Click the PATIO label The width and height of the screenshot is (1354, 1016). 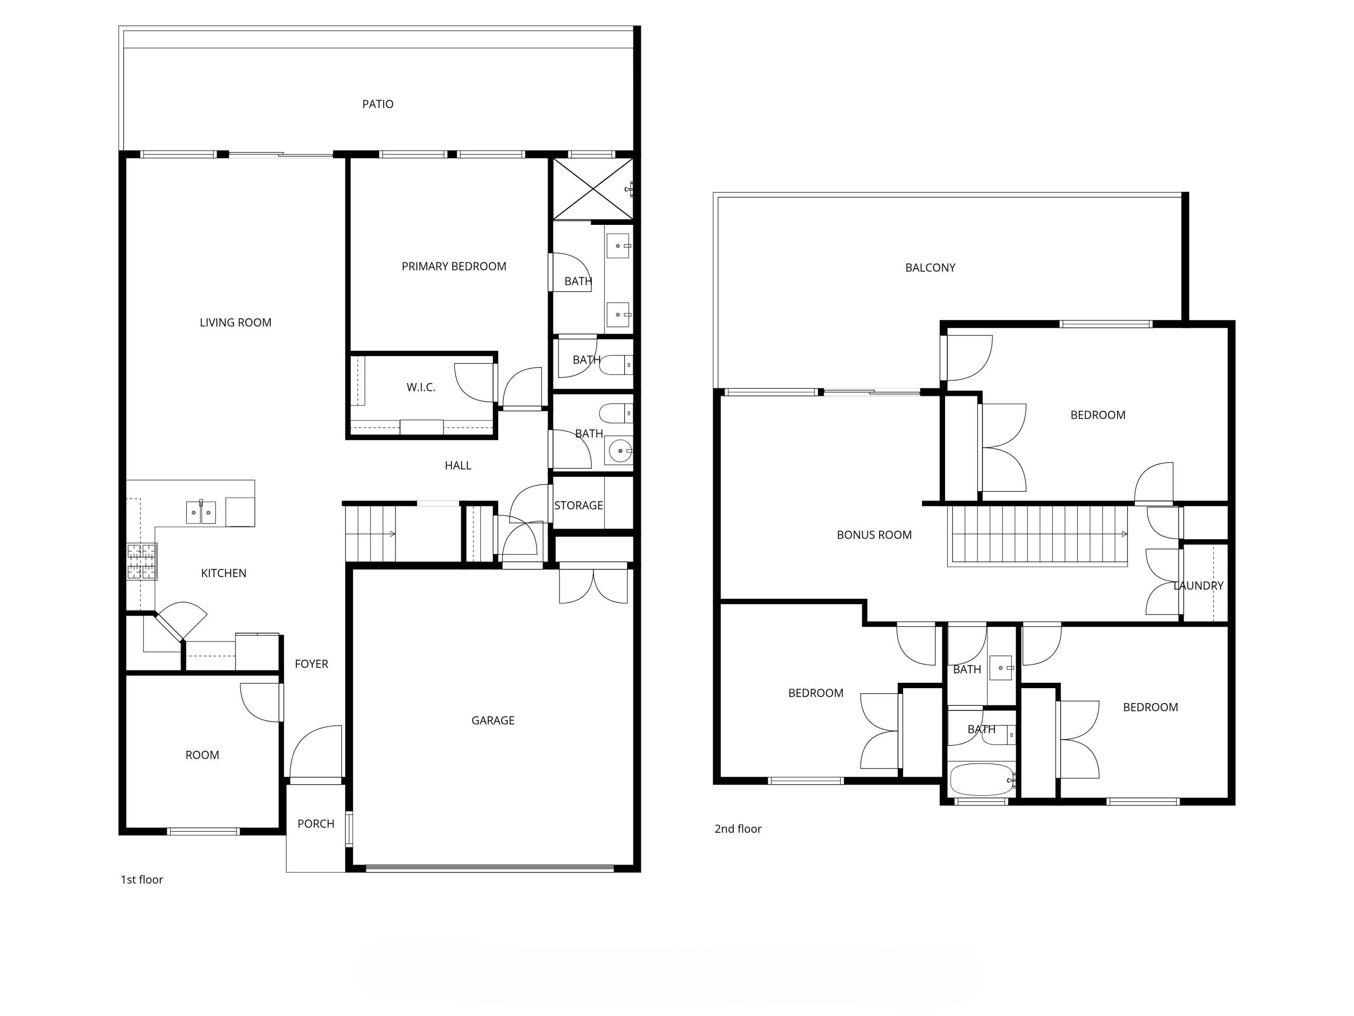(x=378, y=104)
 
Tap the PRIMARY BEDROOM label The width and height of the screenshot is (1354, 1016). (x=454, y=266)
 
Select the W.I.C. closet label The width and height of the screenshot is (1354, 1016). (x=421, y=387)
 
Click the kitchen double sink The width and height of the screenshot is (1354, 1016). (x=201, y=512)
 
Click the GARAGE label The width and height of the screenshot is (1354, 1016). (x=493, y=720)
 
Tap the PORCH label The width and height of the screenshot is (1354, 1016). (x=316, y=824)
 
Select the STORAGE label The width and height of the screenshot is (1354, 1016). (x=579, y=505)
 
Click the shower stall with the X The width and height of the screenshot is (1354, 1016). (x=593, y=189)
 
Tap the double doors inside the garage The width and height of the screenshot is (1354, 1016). (x=593, y=587)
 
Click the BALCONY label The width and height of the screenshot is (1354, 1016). (x=930, y=268)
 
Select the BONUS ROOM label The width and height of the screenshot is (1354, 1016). (x=874, y=535)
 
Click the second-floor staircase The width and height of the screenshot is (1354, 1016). (x=1038, y=534)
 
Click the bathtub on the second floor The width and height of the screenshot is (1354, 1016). (x=982, y=779)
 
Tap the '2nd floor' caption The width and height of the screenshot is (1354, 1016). (x=737, y=829)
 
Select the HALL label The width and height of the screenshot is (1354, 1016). (x=458, y=466)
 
